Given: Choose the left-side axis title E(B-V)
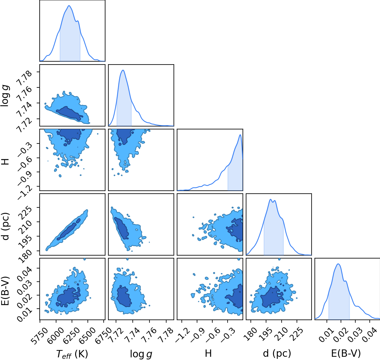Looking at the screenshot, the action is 5,288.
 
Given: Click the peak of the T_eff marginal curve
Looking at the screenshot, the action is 69,5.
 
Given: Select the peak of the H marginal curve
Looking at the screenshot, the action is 240,135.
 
